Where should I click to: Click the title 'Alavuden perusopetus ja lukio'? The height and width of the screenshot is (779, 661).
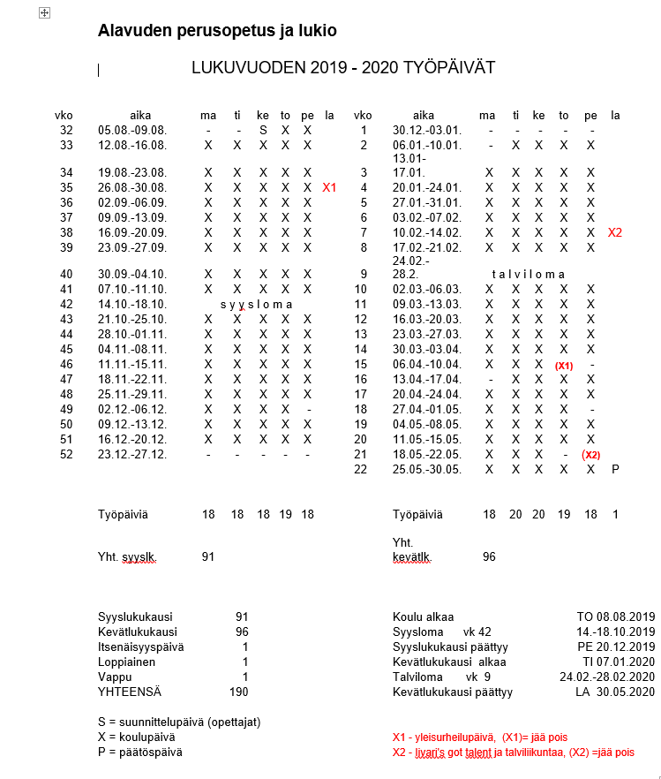click(x=217, y=32)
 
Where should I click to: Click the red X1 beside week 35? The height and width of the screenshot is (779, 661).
click(x=329, y=187)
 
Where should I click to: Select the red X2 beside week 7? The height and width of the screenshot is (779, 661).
click(x=615, y=232)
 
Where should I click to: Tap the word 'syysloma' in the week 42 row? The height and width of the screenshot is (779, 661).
click(x=256, y=304)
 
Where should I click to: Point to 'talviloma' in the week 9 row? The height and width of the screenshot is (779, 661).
click(x=524, y=274)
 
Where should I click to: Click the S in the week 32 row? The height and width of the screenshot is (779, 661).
click(x=262, y=130)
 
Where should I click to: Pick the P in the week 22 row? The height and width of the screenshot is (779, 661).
click(x=615, y=469)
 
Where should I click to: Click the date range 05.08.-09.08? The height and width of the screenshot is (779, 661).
click(x=132, y=130)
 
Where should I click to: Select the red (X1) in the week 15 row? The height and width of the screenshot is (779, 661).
click(x=564, y=365)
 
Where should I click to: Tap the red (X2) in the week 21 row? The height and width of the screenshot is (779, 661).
click(x=590, y=455)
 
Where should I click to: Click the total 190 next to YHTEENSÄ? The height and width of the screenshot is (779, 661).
click(x=238, y=692)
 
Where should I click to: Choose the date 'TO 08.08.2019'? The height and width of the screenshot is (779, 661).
click(x=614, y=617)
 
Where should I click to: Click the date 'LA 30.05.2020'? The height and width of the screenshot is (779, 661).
click(x=615, y=692)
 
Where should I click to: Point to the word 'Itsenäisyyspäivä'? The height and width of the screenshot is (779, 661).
click(x=141, y=647)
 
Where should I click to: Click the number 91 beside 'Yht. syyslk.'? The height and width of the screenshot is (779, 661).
click(x=208, y=556)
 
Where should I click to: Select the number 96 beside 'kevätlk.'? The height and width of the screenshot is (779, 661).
click(x=488, y=556)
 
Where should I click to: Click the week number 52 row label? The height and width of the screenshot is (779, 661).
click(x=66, y=454)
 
